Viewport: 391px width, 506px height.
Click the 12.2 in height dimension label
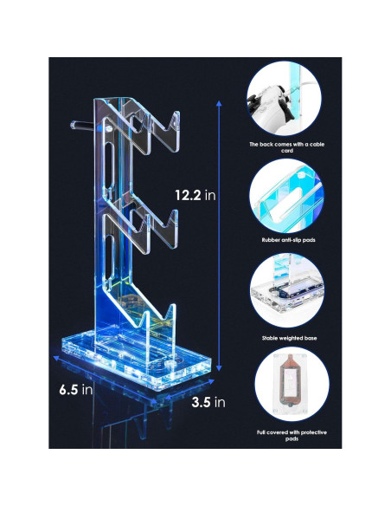coord(194,196)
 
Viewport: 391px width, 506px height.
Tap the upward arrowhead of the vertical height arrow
coord(219,103)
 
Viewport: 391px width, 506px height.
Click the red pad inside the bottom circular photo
coord(287,384)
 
